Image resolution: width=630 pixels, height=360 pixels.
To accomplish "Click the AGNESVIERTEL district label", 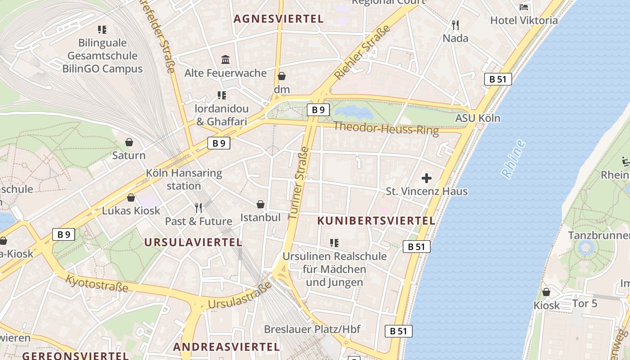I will coord(279,19).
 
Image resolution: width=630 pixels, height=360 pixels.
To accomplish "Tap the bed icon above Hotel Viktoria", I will coord(524,7).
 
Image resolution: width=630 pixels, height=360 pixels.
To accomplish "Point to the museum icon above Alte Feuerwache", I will coord(225,59).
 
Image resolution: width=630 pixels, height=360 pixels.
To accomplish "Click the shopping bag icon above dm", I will coord(282,76).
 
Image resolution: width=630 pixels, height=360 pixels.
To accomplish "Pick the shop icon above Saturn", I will coord(129,142).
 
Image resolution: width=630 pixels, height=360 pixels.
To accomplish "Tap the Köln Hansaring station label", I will coord(184,179).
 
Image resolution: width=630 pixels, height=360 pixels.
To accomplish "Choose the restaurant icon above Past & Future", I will coord(198,207).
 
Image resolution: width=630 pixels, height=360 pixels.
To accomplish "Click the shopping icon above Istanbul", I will coord(260,204).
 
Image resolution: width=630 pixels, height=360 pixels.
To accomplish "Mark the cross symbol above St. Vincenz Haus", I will coord(426,178).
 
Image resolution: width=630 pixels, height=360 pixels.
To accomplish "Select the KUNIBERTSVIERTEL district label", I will coord(376,221).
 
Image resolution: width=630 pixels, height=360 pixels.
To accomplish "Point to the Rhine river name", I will coord(513,159).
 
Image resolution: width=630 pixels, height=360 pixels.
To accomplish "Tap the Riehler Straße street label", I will coord(362,53).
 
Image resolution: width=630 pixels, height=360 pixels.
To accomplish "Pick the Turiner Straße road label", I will coord(298,183).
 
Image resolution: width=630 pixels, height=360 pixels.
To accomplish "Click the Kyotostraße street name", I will coord(97,283).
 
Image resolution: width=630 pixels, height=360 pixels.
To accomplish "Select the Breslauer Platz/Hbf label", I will coord(312,329).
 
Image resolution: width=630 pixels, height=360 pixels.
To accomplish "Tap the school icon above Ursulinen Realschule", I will coord(334,243).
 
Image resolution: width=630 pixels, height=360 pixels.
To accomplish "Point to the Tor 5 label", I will coord(585,303).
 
